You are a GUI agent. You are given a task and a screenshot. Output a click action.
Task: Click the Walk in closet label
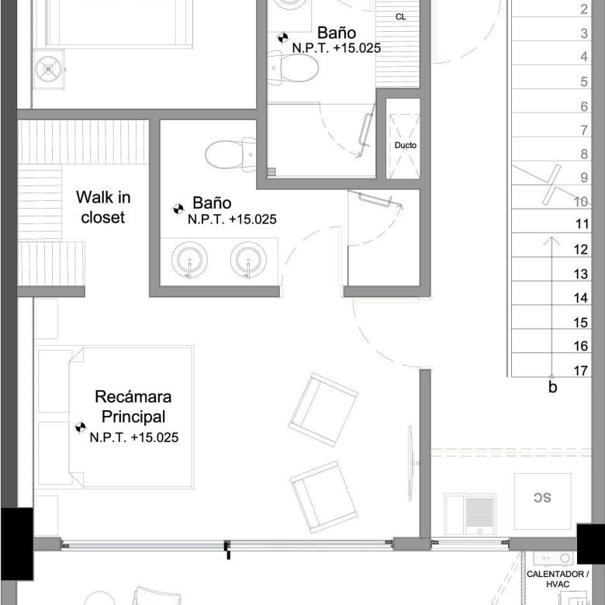tap(103, 207)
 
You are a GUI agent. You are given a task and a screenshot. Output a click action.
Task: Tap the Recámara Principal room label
tap(133, 406)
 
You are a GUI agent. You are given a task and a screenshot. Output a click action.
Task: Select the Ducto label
tap(406, 146)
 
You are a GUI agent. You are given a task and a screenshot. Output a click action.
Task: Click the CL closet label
tap(401, 17)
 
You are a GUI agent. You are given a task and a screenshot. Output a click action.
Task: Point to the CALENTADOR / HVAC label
tap(558, 579)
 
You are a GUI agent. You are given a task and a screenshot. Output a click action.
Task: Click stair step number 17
tap(581, 371)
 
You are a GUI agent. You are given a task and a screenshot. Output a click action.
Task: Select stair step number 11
tap(583, 224)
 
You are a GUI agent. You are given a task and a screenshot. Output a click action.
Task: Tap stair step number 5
tap(584, 81)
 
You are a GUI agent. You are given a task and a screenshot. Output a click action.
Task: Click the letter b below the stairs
tap(552, 387)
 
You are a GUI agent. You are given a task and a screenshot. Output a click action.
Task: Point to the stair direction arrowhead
tap(552, 240)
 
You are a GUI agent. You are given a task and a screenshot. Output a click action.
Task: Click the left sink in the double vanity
tap(189, 260)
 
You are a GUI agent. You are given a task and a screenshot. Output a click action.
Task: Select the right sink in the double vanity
tap(248, 260)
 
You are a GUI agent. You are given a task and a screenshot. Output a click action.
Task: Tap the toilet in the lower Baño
tap(230, 154)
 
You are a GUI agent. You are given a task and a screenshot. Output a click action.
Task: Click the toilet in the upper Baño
tap(293, 68)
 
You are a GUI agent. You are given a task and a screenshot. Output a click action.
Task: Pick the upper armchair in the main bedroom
tap(323, 410)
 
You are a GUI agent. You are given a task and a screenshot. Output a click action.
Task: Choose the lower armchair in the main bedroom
tap(323, 497)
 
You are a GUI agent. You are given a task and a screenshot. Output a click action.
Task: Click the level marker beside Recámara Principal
tap(80, 427)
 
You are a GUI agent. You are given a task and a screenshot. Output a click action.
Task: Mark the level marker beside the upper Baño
tap(283, 37)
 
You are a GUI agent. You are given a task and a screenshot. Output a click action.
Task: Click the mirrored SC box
tap(542, 501)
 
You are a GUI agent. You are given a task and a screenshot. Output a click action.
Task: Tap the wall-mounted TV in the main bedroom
tap(411, 463)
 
